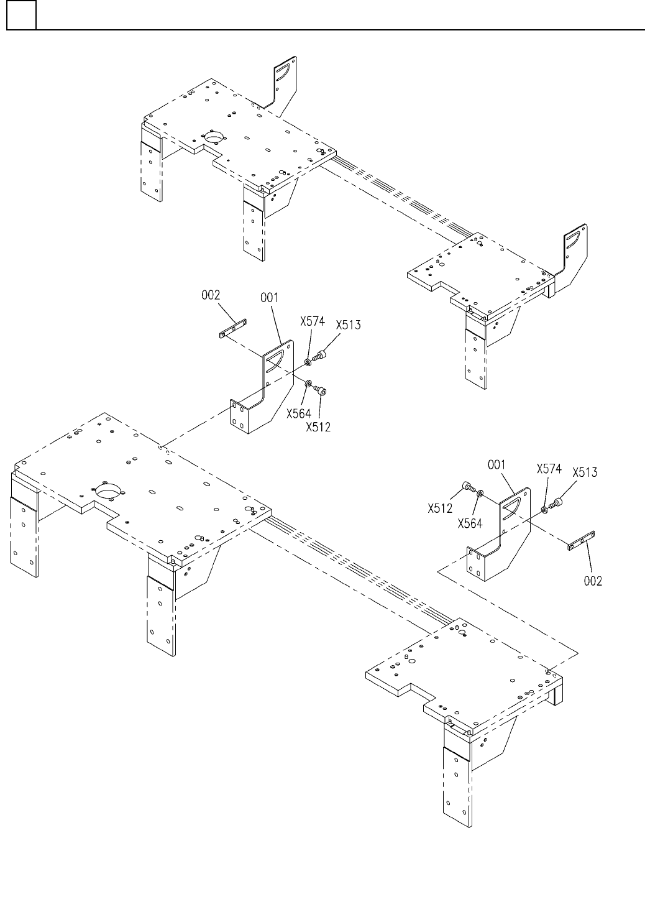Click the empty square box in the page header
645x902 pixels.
tap(21, 16)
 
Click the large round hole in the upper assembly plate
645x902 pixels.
tap(214, 136)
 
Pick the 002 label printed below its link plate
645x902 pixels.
tap(593, 581)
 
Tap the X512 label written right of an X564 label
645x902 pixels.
tap(318, 426)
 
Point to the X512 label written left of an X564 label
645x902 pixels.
tap(439, 508)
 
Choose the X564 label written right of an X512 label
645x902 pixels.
tap(470, 523)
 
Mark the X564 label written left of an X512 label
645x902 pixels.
tap(298, 413)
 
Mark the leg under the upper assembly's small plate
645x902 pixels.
tap(475, 354)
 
